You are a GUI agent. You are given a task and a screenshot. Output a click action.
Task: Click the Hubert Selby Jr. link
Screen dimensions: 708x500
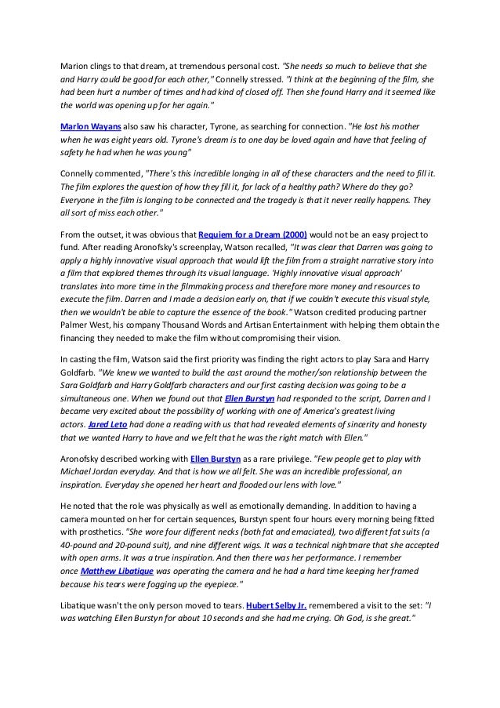coord(276,606)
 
